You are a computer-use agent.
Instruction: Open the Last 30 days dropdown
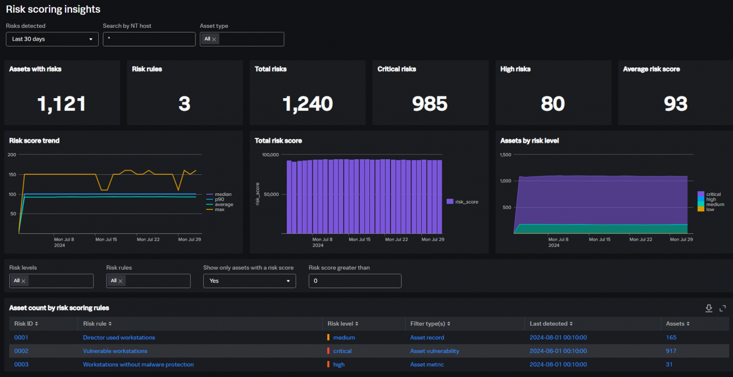point(52,39)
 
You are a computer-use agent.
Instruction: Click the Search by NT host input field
point(149,39)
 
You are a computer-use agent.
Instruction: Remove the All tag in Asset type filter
point(214,40)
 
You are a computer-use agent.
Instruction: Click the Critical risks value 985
point(430,104)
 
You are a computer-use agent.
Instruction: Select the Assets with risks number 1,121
point(62,104)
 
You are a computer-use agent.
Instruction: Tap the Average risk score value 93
point(675,104)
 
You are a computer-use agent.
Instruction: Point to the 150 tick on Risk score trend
point(12,174)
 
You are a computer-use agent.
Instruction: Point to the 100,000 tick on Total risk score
point(270,155)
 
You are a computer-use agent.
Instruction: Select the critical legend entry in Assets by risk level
point(713,194)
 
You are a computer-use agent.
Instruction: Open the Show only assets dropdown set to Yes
point(249,281)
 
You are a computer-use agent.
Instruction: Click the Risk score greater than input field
point(355,281)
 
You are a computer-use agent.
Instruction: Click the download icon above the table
point(709,308)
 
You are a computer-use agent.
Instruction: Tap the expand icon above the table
point(723,308)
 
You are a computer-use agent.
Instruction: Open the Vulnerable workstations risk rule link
point(115,351)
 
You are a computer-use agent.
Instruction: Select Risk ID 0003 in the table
point(22,364)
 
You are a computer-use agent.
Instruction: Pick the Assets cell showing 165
point(671,337)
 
